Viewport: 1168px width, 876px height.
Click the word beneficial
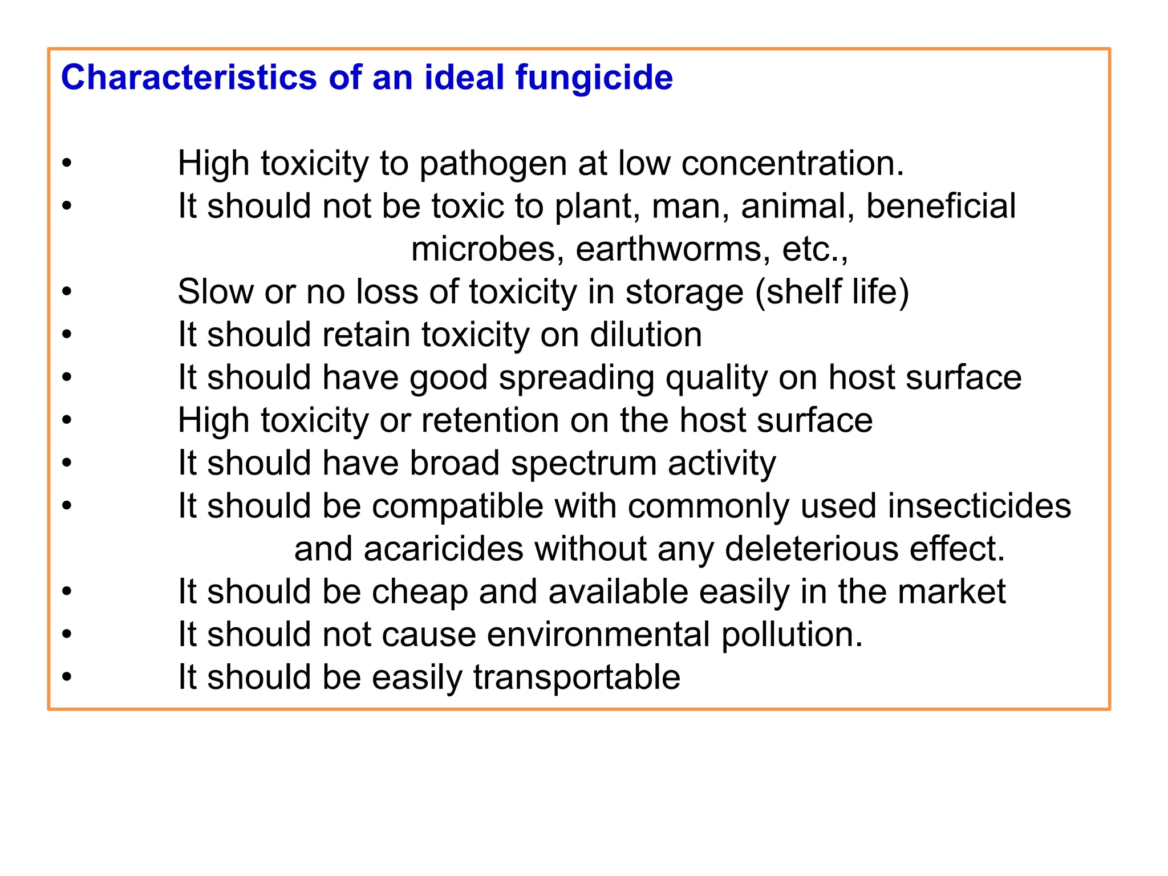pos(941,206)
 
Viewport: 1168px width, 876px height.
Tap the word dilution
pos(646,335)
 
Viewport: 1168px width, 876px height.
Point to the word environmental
pos(599,635)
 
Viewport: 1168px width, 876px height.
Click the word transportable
pos(577,678)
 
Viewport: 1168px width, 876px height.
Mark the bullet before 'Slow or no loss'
pos(67,292)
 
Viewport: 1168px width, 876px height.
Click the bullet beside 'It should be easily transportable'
pos(67,678)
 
